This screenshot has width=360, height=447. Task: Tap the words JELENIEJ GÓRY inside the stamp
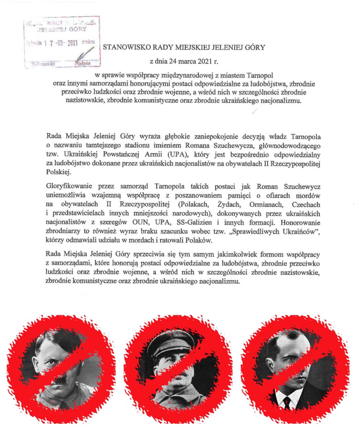(62, 29)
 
